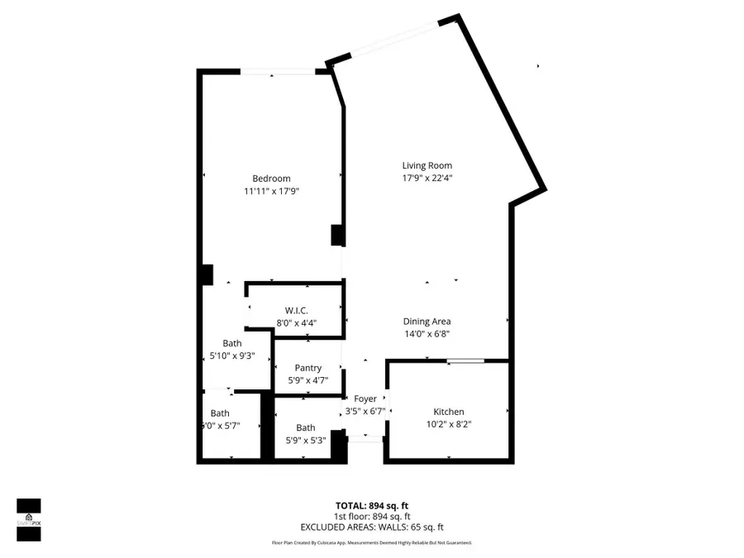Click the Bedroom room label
271,179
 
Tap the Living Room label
427,165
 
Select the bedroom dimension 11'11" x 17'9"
271,191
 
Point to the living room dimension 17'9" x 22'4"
427,178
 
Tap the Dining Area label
427,322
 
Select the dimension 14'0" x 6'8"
427,334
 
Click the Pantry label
308,368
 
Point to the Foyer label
365,398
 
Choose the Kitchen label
449,412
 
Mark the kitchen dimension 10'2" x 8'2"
449,424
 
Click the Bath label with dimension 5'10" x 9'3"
232,343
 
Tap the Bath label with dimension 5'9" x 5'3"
306,427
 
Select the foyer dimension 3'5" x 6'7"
365,411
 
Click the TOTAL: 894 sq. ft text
371,505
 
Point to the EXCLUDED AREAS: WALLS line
371,527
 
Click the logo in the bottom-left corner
29,520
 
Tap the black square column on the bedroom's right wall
337,235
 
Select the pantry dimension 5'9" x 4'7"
308,380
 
